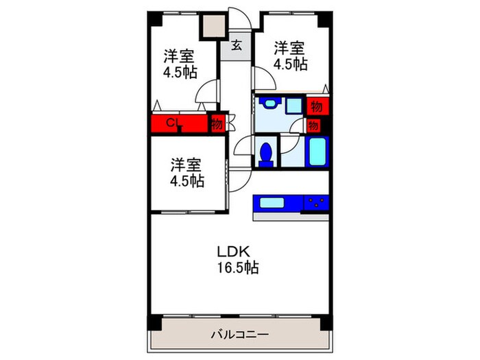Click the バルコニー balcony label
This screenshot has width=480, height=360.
pos(239,335)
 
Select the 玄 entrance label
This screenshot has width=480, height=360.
pos(236,47)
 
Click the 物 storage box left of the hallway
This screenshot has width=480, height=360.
pos(217,124)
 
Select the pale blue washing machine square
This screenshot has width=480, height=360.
pos(295,106)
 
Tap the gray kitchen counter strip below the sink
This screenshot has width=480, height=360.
pos(291,216)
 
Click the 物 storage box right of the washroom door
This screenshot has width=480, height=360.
pos(314,125)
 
